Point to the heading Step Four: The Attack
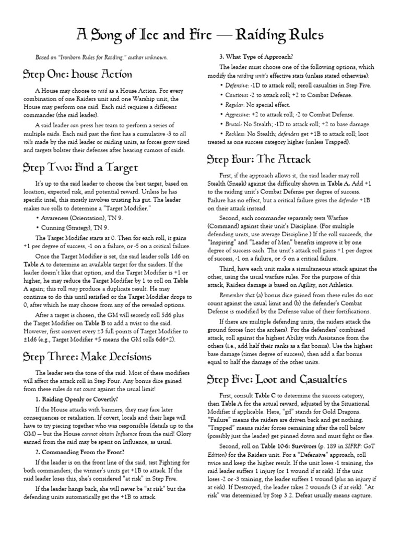point(259,159)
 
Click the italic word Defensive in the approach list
point(238,84)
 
